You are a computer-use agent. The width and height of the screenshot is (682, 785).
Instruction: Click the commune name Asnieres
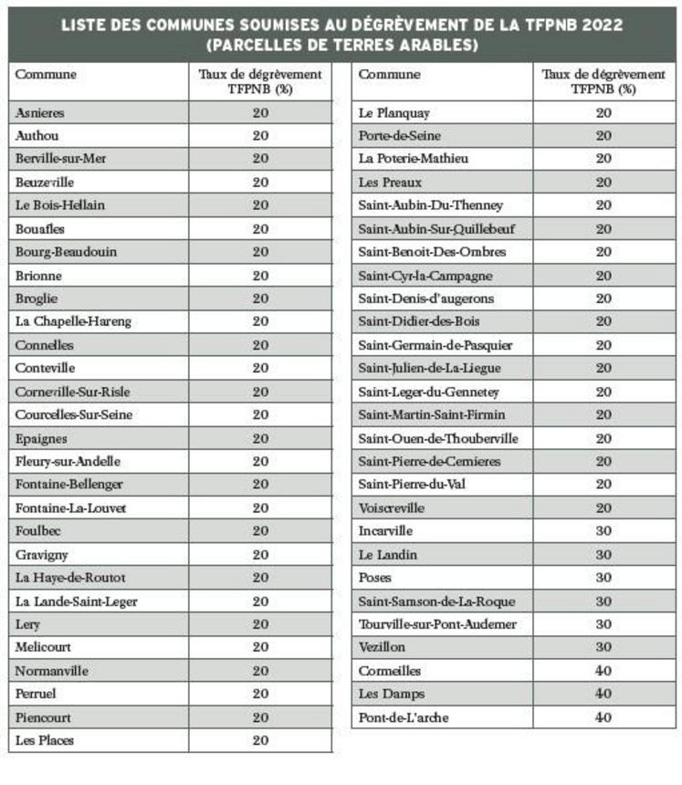tap(40, 112)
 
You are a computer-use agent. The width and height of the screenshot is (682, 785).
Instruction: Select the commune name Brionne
tap(38, 275)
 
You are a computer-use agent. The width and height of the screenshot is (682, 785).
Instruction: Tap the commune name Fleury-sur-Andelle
tap(68, 461)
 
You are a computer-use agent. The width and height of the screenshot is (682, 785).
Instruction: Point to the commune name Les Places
tap(45, 740)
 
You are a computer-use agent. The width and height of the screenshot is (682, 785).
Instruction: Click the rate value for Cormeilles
tap(603, 670)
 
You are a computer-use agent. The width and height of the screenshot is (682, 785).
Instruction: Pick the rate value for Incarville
tap(603, 530)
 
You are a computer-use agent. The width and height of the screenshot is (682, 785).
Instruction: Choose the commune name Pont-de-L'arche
tap(404, 717)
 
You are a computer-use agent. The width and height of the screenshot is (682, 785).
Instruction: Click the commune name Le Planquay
tap(393, 112)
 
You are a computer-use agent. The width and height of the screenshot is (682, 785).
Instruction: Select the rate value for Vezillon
tap(603, 646)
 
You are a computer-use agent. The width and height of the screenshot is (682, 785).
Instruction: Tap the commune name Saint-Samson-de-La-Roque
tap(436, 601)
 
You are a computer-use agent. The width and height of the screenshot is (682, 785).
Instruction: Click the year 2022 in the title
tap(593, 25)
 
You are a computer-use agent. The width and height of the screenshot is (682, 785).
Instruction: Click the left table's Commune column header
tap(46, 75)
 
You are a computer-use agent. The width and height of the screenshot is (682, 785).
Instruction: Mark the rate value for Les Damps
tap(603, 694)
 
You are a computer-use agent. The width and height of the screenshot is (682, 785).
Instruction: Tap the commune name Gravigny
tap(42, 554)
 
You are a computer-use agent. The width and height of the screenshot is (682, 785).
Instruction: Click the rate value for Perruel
tap(260, 694)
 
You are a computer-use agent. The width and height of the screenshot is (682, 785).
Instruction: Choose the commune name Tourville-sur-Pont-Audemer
tap(437, 623)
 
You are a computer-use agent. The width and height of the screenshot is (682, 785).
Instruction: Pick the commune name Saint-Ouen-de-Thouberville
tap(438, 438)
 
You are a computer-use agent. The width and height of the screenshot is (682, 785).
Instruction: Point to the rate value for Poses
tap(603, 577)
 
